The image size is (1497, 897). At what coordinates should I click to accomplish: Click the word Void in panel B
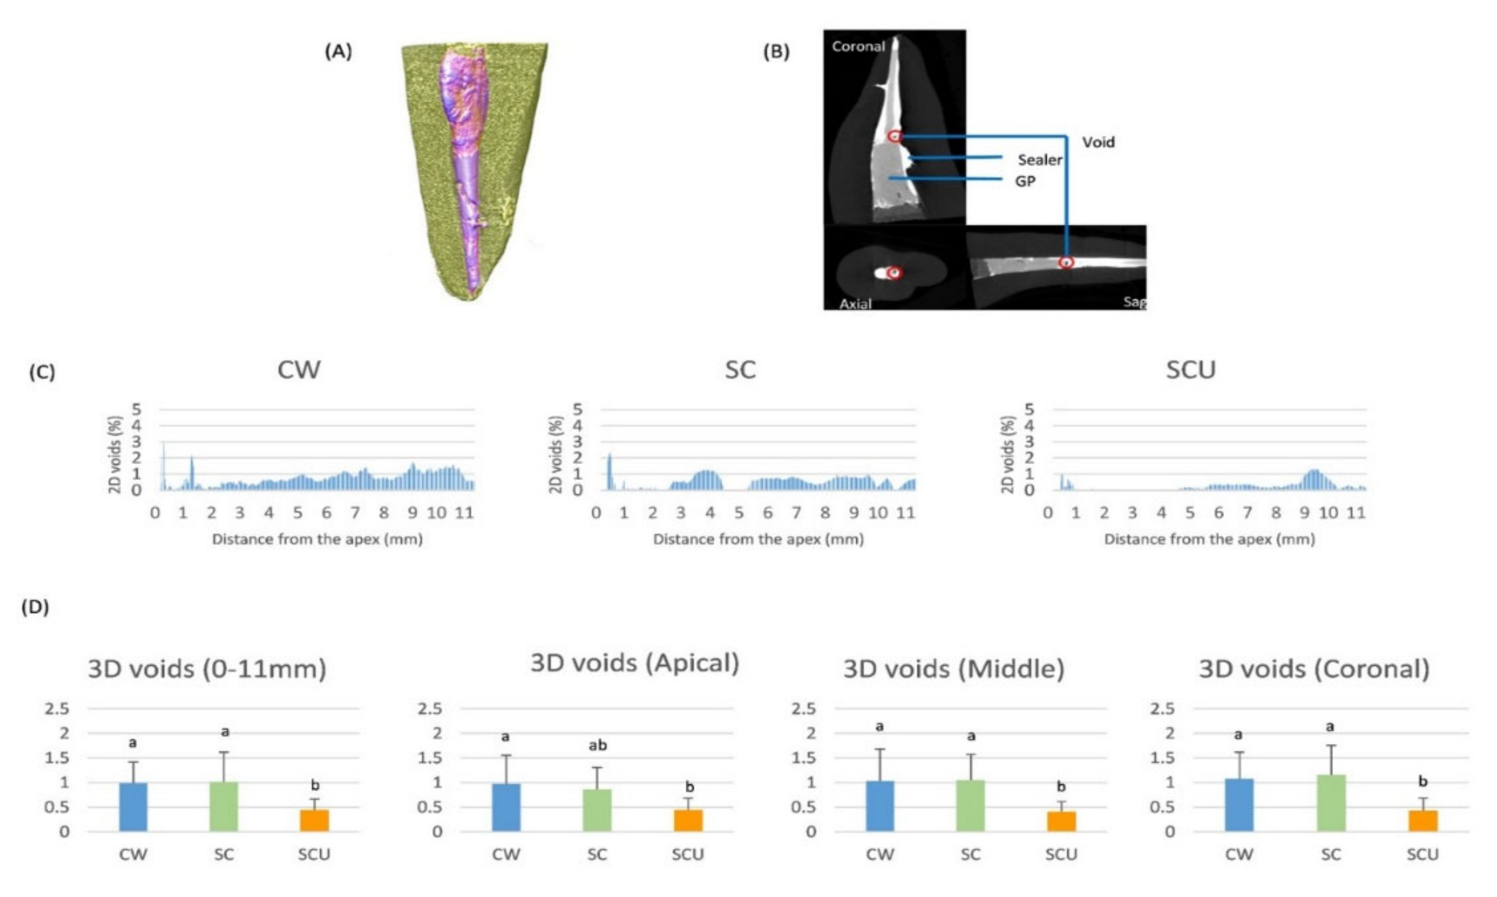(1098, 142)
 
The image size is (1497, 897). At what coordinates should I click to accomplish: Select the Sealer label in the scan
(1040, 160)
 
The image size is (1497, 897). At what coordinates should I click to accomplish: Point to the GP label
(1025, 181)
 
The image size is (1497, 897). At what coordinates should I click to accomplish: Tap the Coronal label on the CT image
(858, 47)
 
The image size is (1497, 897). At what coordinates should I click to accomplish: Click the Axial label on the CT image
(855, 303)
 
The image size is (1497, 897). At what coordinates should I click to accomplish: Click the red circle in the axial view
(895, 273)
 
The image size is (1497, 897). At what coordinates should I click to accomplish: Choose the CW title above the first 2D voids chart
(299, 370)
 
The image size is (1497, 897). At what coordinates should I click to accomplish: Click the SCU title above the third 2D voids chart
(1190, 370)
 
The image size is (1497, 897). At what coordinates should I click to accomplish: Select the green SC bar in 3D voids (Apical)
(597, 810)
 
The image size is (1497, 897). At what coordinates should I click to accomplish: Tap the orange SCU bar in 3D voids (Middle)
(1061, 822)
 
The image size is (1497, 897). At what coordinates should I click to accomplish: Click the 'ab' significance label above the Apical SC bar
(598, 745)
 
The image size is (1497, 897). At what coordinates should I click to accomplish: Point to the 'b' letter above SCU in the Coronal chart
(1423, 782)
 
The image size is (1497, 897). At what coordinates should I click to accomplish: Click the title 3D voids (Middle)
(954, 669)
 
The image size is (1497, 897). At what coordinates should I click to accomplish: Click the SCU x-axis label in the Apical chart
(688, 855)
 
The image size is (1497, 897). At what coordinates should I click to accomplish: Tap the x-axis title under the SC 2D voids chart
(758, 539)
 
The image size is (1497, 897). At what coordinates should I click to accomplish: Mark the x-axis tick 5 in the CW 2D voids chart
(297, 513)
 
